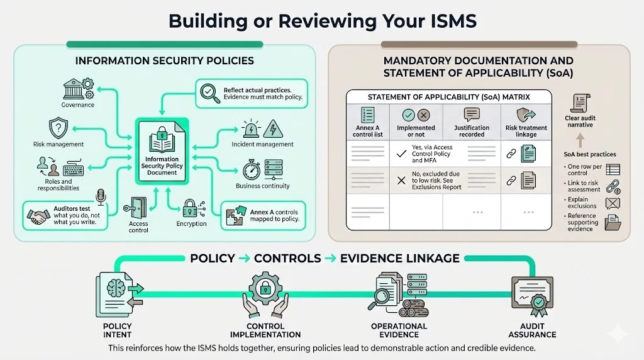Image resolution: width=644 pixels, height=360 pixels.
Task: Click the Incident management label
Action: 262,144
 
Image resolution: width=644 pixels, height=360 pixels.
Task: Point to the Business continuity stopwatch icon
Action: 252,170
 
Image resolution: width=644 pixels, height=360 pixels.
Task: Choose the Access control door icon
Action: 138,206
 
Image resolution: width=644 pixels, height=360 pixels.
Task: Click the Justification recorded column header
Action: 471,131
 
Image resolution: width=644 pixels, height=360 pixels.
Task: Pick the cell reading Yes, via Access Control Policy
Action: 431,154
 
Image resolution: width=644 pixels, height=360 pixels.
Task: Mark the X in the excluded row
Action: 401,181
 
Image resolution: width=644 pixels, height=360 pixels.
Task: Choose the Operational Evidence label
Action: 399,330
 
